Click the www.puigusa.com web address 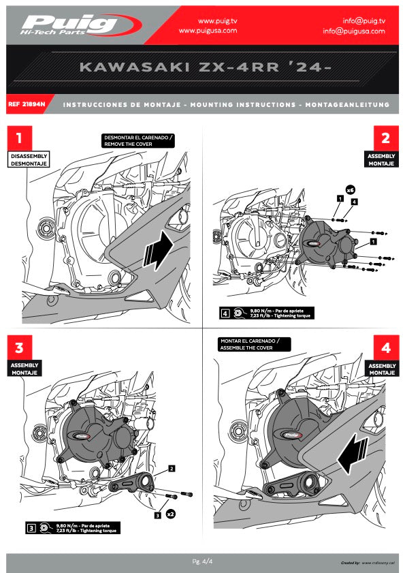tap(208, 31)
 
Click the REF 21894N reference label tap(27, 105)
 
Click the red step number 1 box tap(20, 138)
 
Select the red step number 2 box tap(385, 138)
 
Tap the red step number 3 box tap(20, 348)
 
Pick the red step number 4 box tap(385, 348)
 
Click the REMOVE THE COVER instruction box tap(138, 141)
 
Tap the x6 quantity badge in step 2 tap(350, 189)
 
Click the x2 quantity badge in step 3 tap(171, 515)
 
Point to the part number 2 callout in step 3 tap(172, 469)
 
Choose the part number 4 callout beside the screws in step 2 tap(355, 202)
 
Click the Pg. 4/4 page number tap(202, 561)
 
